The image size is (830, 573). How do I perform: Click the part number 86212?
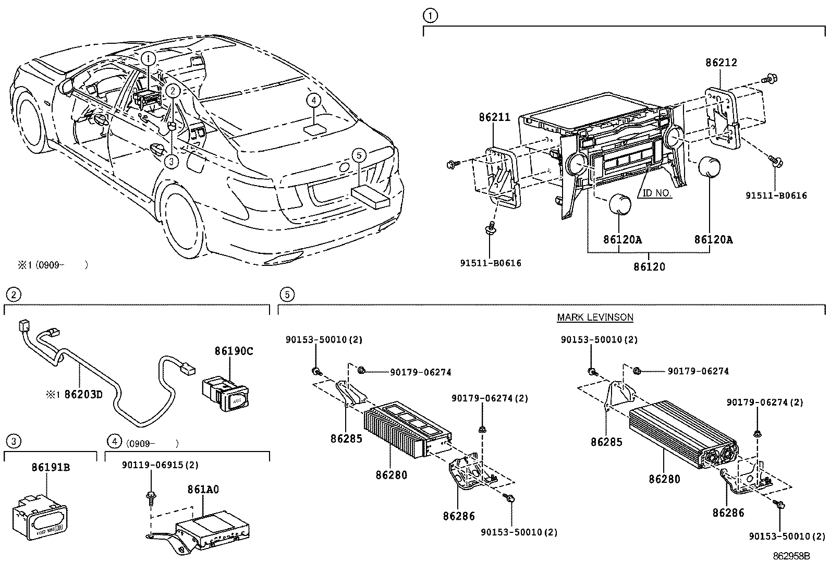pos(721,63)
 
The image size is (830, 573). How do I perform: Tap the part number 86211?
pos(494,118)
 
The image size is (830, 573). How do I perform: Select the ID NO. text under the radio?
pos(656,193)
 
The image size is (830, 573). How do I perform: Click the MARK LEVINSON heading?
pos(595,317)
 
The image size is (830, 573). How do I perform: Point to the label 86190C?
pos(233,351)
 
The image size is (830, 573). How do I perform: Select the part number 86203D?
pos(83,394)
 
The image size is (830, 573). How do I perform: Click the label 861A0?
pos(203,490)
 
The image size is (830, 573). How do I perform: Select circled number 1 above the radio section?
pos(430,16)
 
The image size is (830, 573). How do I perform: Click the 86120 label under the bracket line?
pos(649,266)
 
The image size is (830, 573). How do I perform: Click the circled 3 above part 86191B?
pos(13,442)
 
